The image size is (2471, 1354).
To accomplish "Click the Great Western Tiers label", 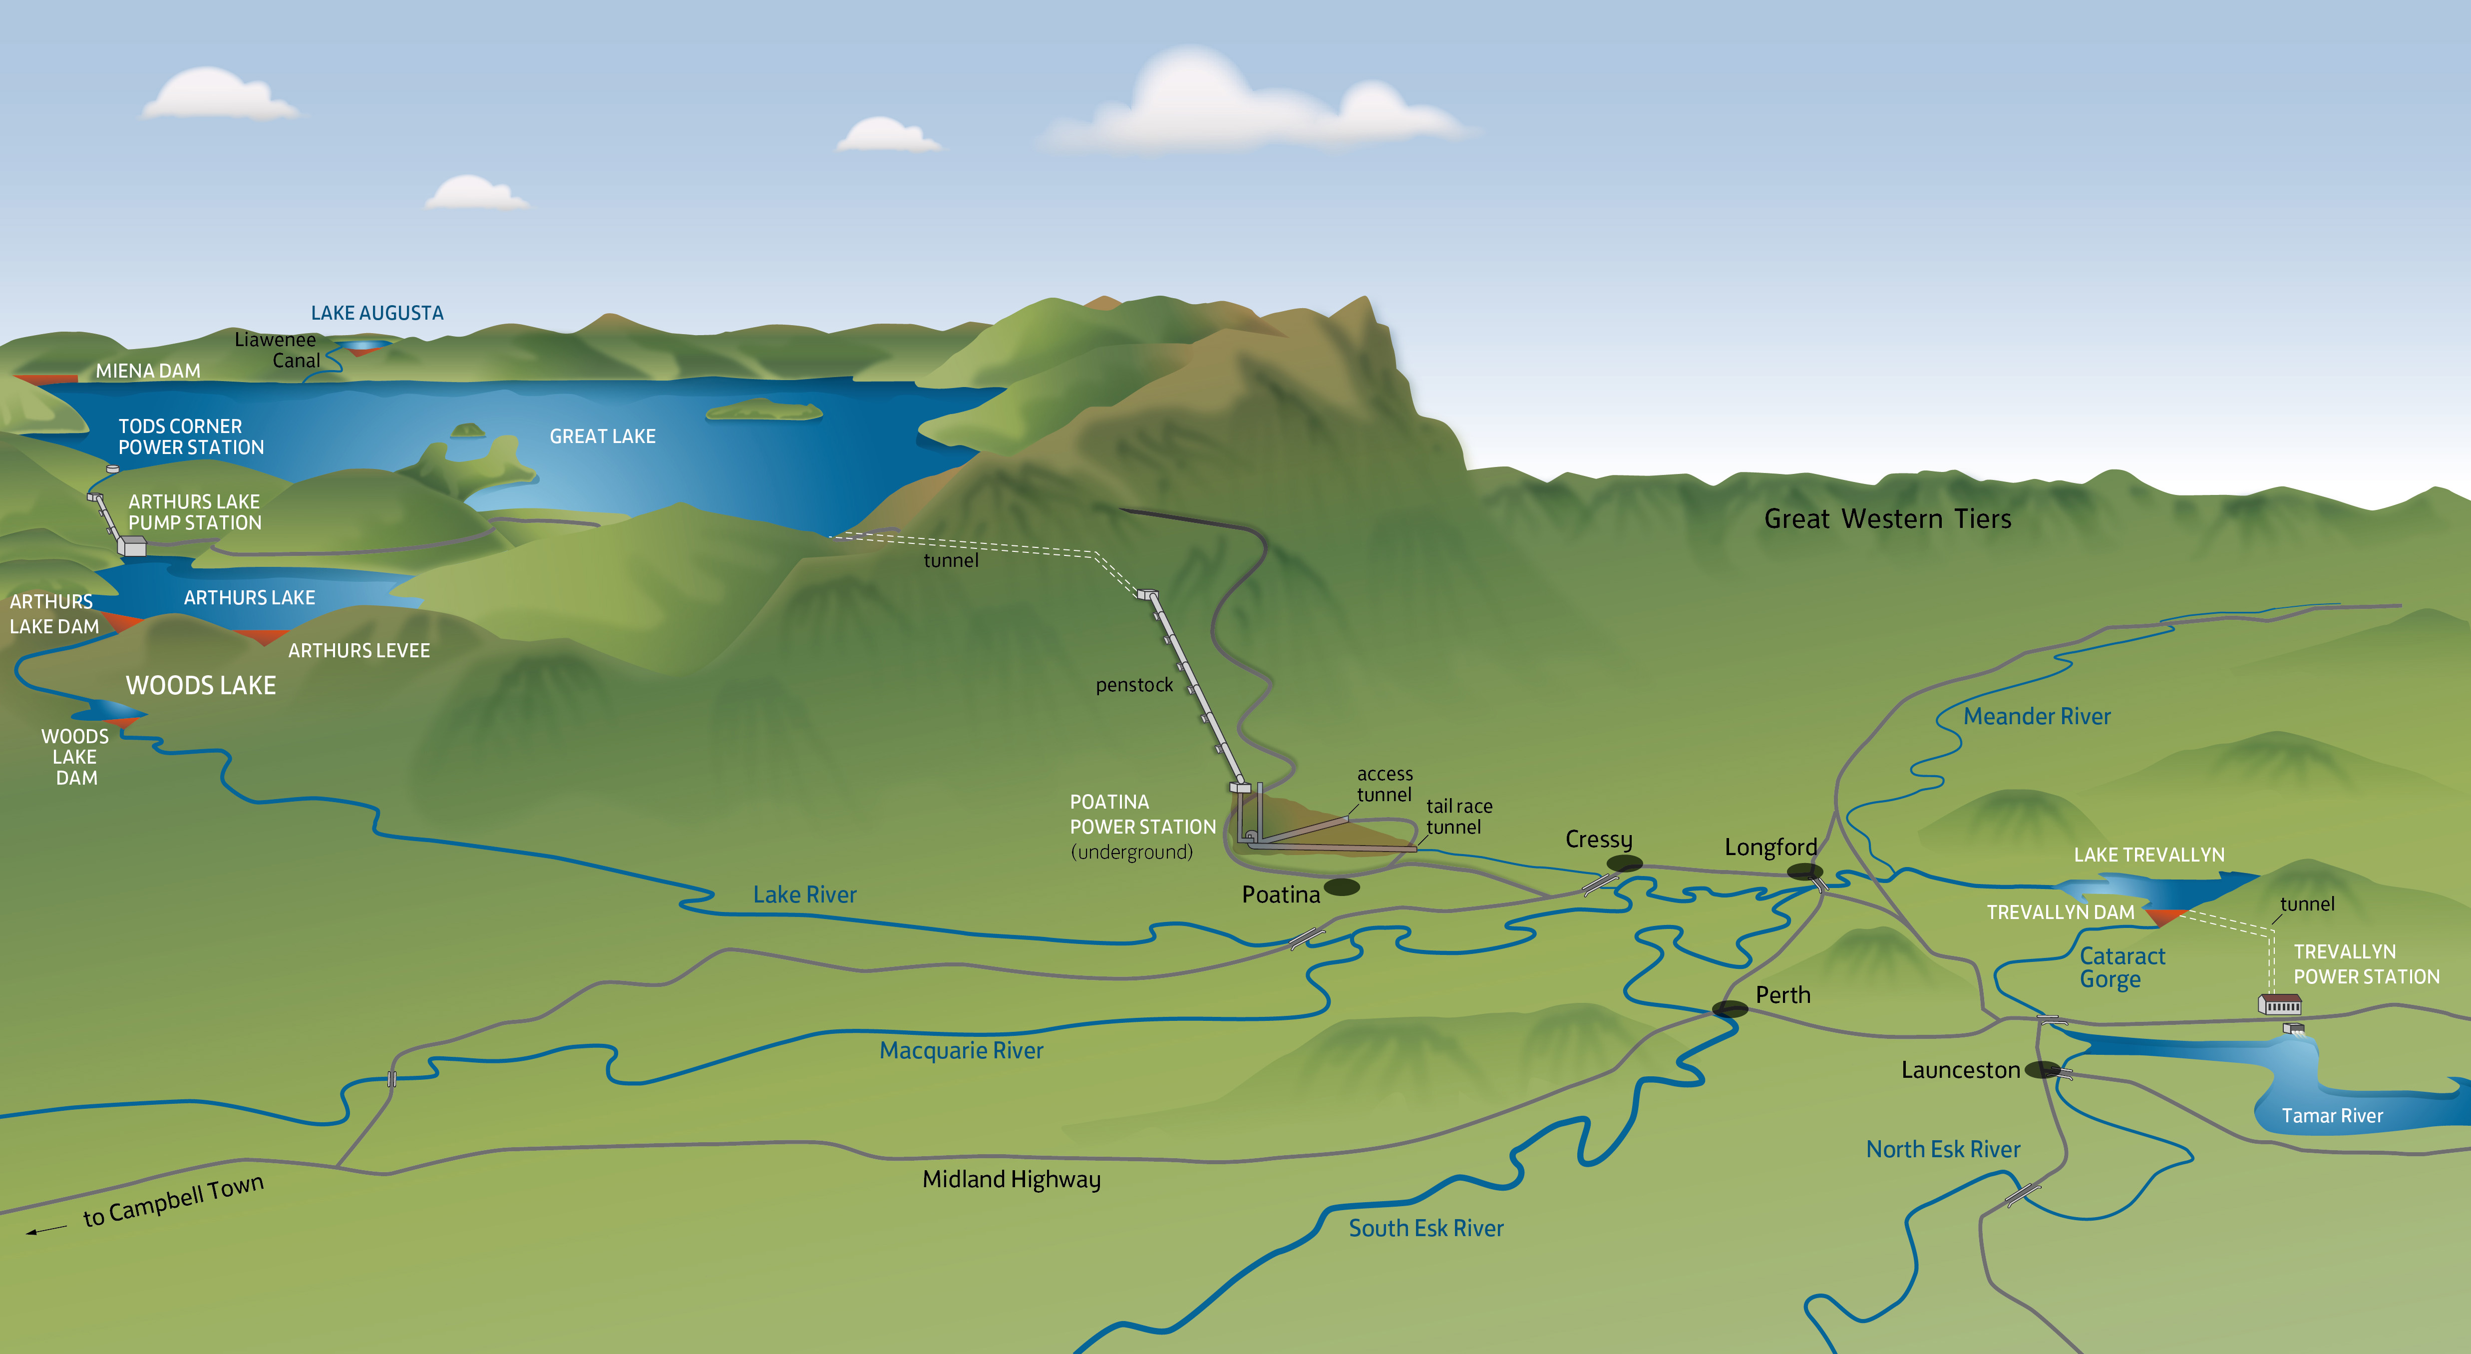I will click(1887, 519).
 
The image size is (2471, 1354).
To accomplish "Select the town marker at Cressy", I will click(1624, 864).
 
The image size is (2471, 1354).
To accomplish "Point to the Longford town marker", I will click(1804, 872).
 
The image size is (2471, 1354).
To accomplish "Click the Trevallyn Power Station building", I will click(2279, 1005).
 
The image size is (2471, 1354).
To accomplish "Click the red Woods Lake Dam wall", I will click(123, 720).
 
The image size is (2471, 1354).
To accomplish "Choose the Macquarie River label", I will click(961, 1051).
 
